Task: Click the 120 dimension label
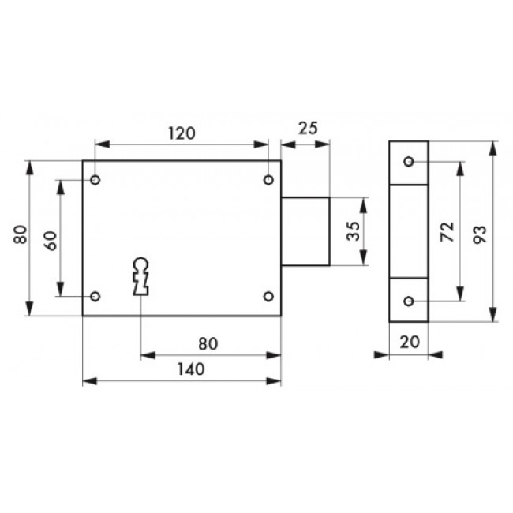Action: (x=182, y=133)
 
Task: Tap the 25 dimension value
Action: (x=308, y=128)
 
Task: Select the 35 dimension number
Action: (x=354, y=231)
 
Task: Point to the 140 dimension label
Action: (x=191, y=369)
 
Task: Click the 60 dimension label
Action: (x=50, y=241)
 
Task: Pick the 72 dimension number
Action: (x=447, y=231)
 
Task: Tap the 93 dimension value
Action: (x=480, y=234)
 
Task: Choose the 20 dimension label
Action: (x=410, y=343)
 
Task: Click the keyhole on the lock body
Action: (x=141, y=276)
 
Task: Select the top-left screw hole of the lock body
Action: (x=95, y=180)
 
